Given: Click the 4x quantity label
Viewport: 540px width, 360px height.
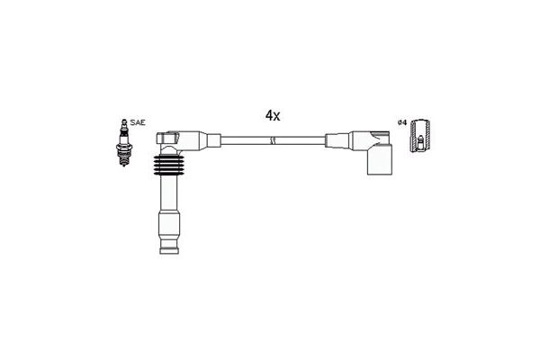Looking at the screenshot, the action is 273,116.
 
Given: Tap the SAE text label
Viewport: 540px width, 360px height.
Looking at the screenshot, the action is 138,122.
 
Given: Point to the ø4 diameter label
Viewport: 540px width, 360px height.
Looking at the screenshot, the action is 402,122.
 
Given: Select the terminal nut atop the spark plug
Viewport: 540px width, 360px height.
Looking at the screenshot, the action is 124,122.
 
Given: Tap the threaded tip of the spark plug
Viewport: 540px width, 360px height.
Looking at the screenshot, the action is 124,161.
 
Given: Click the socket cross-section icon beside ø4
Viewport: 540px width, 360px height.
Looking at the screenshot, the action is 420,136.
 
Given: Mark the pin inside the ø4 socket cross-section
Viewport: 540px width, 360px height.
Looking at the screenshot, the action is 420,142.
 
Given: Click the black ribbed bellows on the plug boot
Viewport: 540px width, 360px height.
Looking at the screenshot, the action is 169,165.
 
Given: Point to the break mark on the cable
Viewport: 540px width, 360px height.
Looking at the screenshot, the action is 273,140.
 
